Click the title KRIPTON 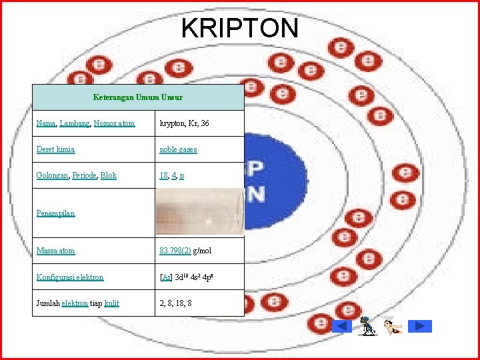coord(239,28)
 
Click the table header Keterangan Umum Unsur coord(138,97)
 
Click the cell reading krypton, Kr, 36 coord(184,123)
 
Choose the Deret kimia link coord(55,149)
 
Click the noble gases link coord(178,149)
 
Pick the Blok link coord(109,175)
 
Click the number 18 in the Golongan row coord(163,175)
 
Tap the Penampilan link coord(55,213)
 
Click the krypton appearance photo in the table coord(199,212)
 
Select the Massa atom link coord(55,251)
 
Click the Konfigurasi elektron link coord(70,277)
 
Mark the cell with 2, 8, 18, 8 coord(176,303)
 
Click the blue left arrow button coord(341,326)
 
